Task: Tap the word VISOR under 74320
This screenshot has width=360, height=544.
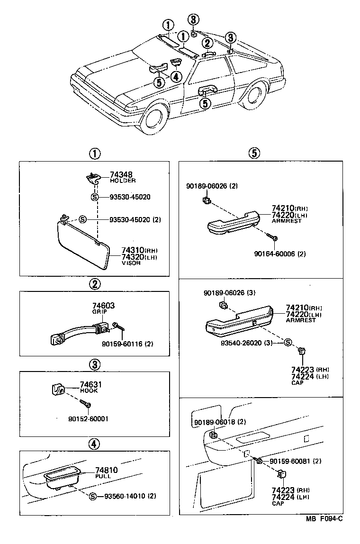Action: click(131, 263)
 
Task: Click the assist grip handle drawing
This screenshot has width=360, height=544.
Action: click(81, 330)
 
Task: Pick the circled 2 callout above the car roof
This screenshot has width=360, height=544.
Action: click(207, 43)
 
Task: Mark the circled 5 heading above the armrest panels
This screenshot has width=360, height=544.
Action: click(254, 153)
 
